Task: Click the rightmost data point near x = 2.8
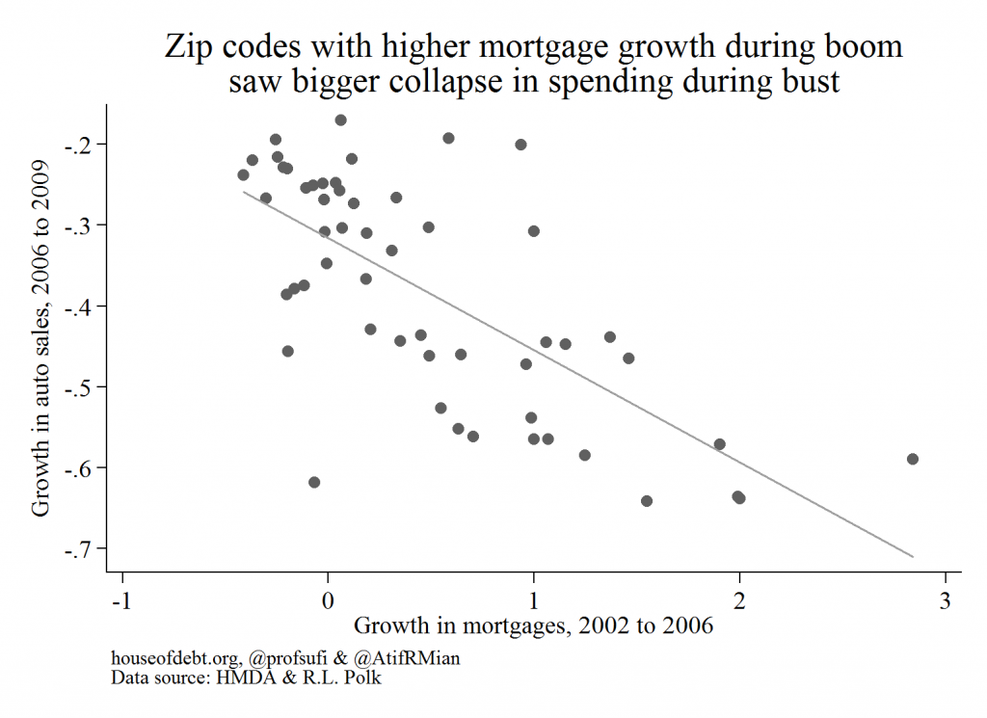coord(913,459)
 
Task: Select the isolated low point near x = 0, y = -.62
coord(314,482)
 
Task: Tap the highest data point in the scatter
coord(340,120)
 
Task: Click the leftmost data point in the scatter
coord(243,174)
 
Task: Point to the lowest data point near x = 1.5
coord(647,500)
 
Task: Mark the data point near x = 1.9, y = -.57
coord(719,444)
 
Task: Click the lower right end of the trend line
coord(912,556)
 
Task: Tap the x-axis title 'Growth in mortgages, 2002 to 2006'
coord(534,625)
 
